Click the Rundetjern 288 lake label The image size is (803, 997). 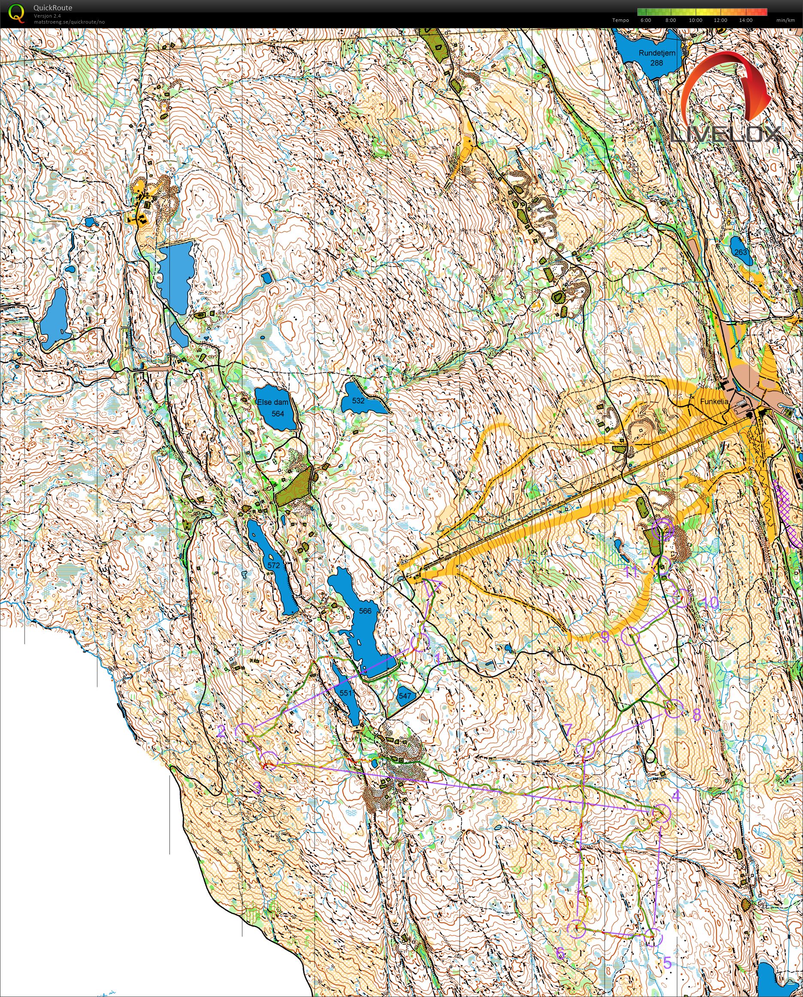[x=656, y=58]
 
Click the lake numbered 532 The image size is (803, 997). [x=358, y=401]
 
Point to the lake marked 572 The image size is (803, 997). [x=273, y=565]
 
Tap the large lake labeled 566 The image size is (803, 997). [x=364, y=611]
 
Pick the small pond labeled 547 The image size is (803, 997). [x=404, y=695]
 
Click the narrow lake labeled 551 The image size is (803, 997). [x=346, y=693]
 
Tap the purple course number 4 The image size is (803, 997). [x=676, y=796]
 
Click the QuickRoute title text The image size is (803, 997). [x=53, y=8]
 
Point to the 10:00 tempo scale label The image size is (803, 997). [x=695, y=20]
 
